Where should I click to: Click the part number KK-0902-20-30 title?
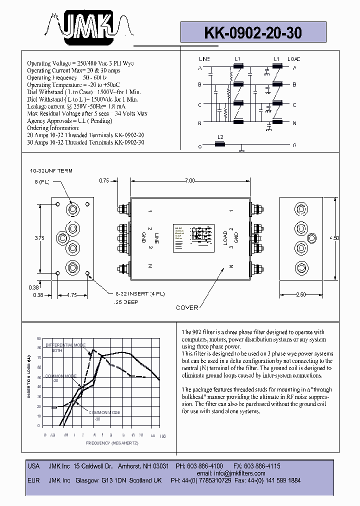[252, 32]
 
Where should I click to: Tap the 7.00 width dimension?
[189, 180]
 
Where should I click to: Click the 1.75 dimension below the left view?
[72, 295]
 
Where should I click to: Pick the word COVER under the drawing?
[187, 307]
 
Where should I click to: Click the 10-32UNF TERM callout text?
[51, 171]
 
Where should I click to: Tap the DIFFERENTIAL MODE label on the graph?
[66, 345]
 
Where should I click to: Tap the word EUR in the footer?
[33, 480]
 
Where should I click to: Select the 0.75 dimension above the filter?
[104, 180]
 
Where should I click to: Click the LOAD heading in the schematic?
[294, 59]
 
